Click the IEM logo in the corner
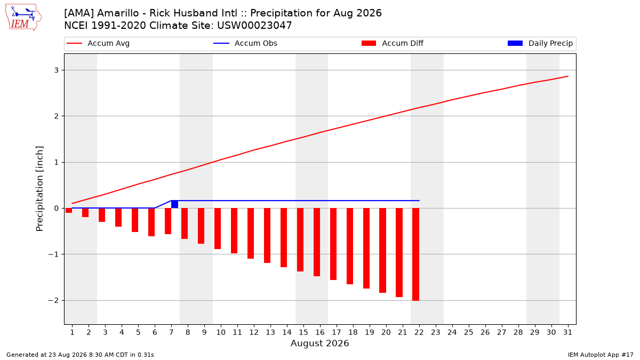tap(23, 17)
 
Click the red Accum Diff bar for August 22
tap(415, 254)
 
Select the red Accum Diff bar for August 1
tap(69, 210)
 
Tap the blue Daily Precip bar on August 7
tap(174, 204)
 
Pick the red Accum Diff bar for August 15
tap(300, 239)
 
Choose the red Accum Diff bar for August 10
tap(218, 229)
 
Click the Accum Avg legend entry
tap(98, 43)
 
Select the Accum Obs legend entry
tap(245, 43)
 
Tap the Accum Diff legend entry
tap(393, 43)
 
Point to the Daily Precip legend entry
tap(540, 43)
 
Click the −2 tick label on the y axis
tap(53, 300)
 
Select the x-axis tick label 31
tap(567, 332)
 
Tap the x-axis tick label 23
tap(435, 332)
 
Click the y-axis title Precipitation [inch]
tap(39, 189)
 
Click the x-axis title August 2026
tap(319, 343)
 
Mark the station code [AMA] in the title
tap(79, 13)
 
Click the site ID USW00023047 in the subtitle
tap(254, 26)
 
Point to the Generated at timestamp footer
tap(80, 355)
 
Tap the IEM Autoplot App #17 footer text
tap(601, 355)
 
